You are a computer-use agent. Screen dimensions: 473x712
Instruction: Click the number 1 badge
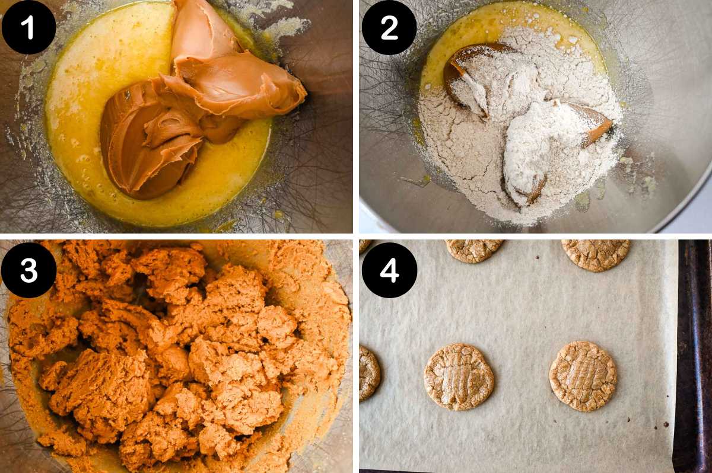(28, 27)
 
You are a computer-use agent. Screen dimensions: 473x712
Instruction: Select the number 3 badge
(28, 270)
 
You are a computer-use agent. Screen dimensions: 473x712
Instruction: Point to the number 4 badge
(389, 270)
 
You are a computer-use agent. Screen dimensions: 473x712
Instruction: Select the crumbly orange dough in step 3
(178, 356)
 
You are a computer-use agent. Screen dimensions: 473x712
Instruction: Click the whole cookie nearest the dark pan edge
(583, 376)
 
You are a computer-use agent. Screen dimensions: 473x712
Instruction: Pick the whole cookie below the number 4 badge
(459, 377)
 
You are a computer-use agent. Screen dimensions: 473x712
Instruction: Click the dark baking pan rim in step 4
(694, 356)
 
